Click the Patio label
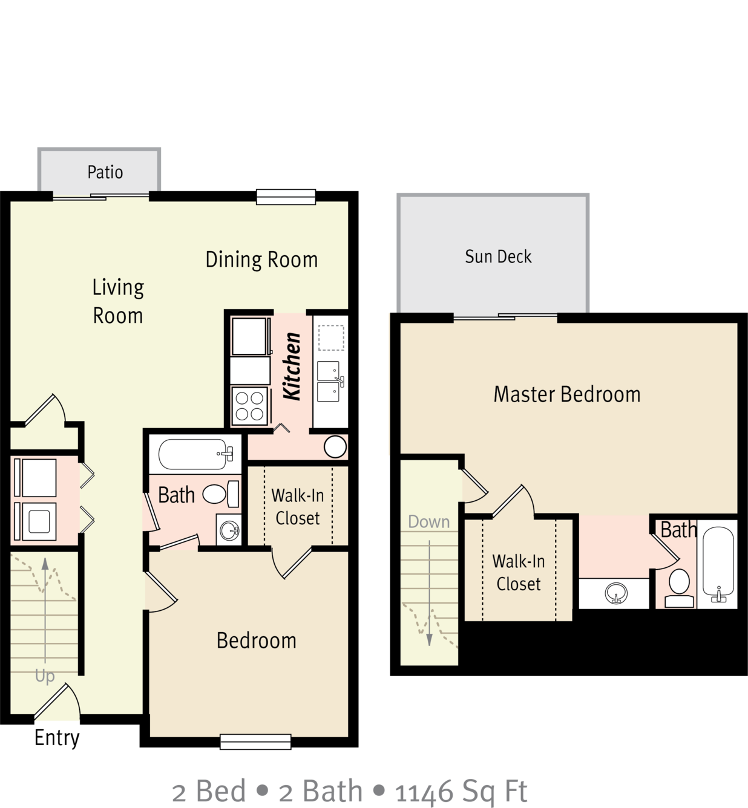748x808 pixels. [105, 172]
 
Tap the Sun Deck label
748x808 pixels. [498, 256]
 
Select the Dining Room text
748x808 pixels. [261, 259]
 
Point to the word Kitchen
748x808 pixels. [292, 366]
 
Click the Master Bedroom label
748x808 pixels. [566, 394]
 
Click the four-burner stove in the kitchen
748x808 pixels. [250, 405]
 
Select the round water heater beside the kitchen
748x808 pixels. [335, 447]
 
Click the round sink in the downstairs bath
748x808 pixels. [229, 530]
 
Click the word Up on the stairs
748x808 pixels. [45, 676]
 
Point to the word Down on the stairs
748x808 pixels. [428, 521]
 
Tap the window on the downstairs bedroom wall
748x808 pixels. [255, 741]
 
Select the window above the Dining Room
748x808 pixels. [286, 197]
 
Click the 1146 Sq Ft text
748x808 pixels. [461, 790]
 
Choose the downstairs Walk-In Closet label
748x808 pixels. [297, 507]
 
